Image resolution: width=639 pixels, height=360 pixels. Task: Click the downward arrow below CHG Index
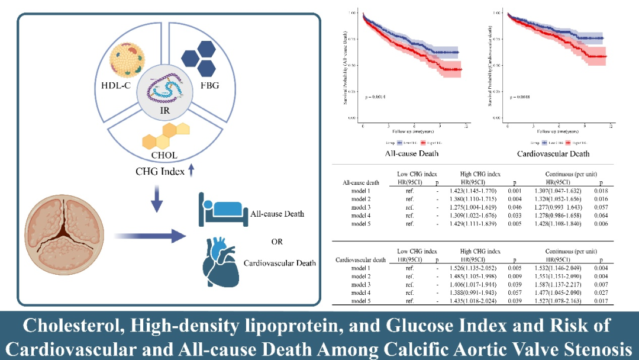157,200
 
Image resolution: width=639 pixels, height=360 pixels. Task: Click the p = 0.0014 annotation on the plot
375,96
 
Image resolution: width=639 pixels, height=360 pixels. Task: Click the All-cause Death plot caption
412,153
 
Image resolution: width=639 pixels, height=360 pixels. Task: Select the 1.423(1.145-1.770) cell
480,190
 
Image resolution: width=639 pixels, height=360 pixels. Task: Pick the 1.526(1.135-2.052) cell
480,268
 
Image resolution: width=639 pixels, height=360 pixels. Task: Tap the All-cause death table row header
362,182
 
